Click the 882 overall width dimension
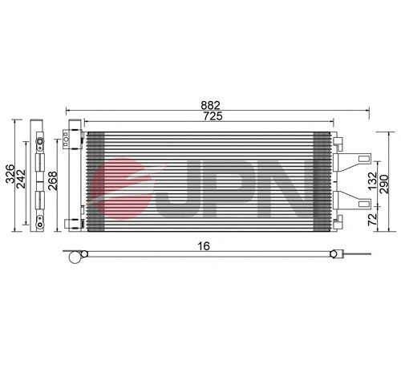(211, 104)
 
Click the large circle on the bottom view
(75, 257)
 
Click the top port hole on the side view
(37, 146)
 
